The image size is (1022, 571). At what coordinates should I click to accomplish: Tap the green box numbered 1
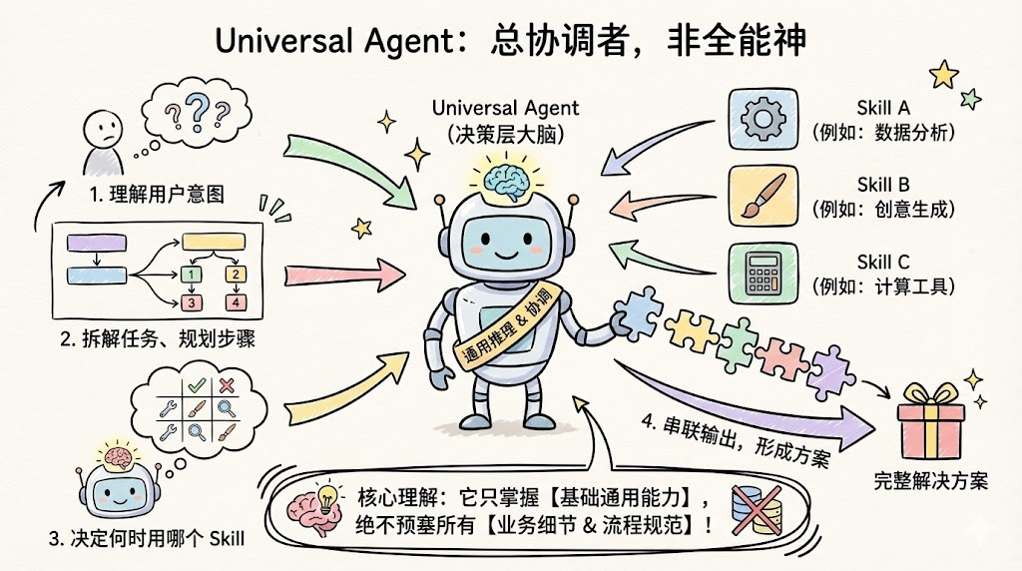[x=190, y=274]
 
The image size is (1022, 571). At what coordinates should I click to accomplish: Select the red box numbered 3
[x=190, y=302]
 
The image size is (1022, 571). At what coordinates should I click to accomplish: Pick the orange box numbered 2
[x=236, y=274]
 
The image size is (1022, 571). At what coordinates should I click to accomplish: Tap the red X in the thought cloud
[x=228, y=385]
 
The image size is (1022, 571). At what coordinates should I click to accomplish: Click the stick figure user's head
[x=99, y=126]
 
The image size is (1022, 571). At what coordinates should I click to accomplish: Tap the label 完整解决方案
[x=929, y=482]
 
